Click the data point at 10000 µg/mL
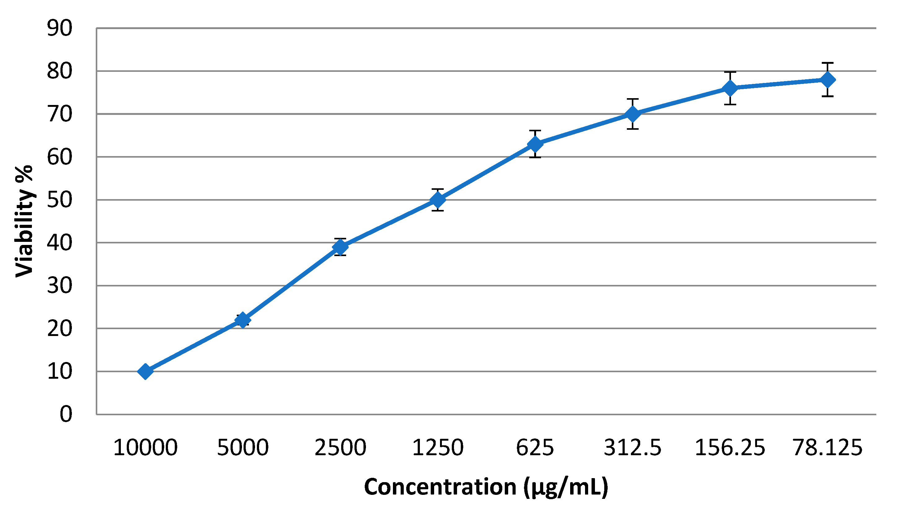(145, 372)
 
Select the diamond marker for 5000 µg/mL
(243, 320)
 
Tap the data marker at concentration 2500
(340, 246)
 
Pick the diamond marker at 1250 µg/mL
(438, 200)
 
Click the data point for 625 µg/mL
(535, 144)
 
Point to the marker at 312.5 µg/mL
(632, 114)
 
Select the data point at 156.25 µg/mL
(730, 88)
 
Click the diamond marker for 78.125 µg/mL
(827, 80)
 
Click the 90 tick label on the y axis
(59, 28)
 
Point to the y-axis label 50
(59, 200)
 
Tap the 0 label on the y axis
(66, 414)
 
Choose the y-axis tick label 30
(59, 286)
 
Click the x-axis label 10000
(145, 448)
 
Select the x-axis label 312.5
(632, 448)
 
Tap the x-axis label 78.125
(827, 448)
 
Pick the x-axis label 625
(535, 448)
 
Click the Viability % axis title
(24, 221)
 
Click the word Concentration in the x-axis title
(440, 487)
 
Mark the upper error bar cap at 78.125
(827, 63)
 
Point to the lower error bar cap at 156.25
(730, 104)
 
